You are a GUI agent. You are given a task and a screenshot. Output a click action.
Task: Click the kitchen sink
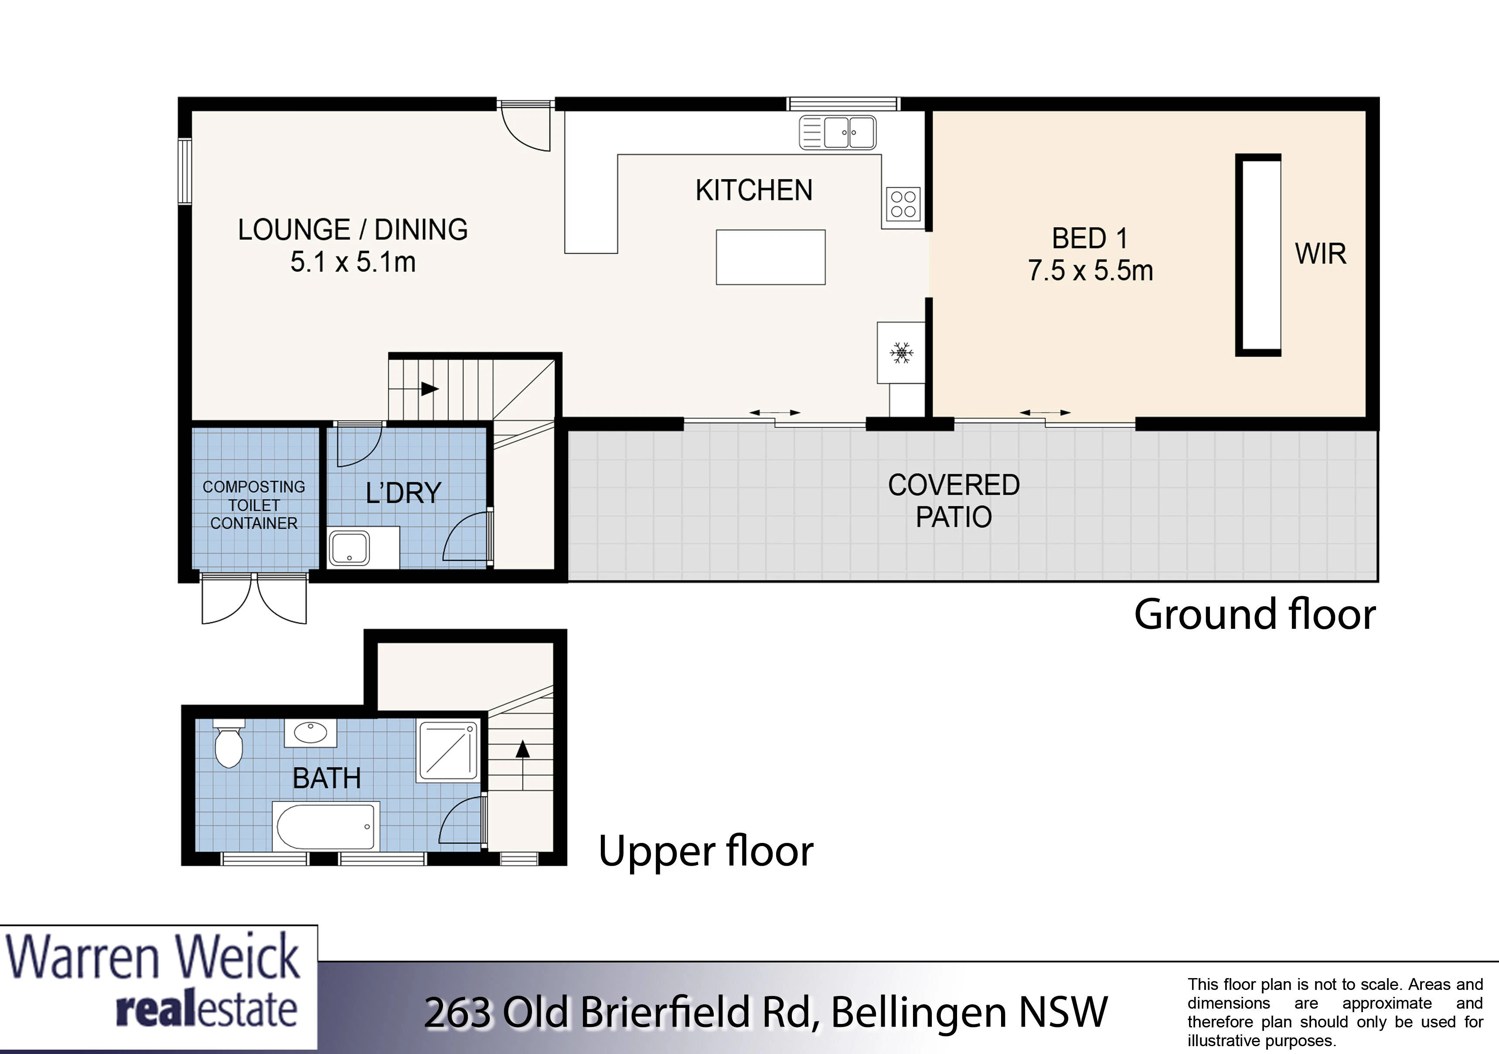point(838,133)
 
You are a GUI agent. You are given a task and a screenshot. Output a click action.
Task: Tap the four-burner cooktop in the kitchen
point(903,204)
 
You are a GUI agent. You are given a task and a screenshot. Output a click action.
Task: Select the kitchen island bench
point(770,257)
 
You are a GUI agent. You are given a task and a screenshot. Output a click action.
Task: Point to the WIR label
point(1321,254)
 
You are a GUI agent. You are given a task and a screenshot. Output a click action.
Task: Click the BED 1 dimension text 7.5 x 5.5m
point(1090,270)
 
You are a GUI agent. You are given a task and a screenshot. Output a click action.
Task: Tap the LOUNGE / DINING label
point(353,230)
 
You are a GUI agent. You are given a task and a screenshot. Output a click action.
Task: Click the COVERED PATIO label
point(954,501)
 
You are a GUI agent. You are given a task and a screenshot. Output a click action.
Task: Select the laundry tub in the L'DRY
point(349,547)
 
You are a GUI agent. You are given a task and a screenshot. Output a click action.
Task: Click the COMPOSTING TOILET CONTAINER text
point(254,505)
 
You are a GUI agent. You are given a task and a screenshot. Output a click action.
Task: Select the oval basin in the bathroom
point(311,733)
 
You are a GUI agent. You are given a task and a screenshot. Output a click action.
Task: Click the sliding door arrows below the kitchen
point(774,413)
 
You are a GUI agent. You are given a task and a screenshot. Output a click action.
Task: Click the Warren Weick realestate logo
point(159,987)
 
